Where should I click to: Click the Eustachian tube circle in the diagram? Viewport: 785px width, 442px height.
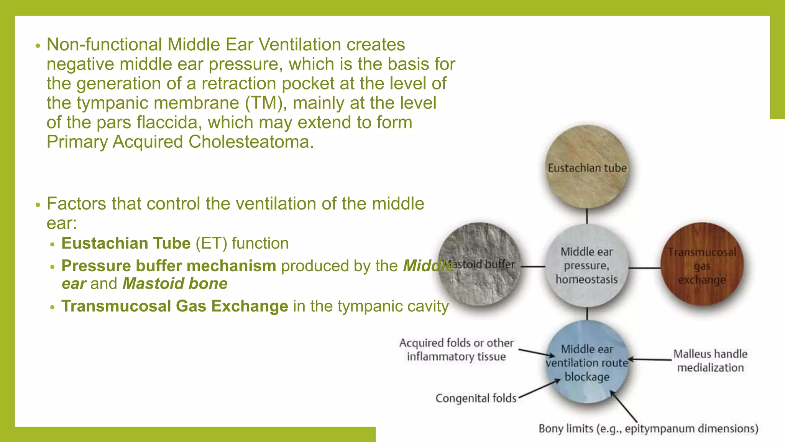click(x=587, y=167)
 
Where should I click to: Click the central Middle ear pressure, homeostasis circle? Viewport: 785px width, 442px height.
click(x=587, y=266)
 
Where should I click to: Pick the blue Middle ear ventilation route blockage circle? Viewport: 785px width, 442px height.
click(x=587, y=363)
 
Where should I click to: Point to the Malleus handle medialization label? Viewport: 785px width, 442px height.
click(x=710, y=361)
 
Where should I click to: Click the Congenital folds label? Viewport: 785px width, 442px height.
click(x=476, y=398)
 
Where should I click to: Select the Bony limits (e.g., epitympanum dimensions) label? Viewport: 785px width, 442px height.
click(x=648, y=429)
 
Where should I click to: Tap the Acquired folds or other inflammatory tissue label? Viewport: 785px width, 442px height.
click(x=456, y=350)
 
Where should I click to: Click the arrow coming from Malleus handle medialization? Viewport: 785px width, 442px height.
click(x=650, y=360)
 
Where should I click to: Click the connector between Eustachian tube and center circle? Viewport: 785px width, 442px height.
click(x=587, y=216)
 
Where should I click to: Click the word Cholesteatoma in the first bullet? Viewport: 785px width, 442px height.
click(x=251, y=142)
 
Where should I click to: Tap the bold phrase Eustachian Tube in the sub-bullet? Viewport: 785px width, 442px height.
click(x=126, y=243)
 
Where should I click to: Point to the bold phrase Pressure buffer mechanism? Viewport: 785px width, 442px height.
click(x=169, y=266)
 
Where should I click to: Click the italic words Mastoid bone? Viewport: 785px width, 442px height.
click(x=175, y=284)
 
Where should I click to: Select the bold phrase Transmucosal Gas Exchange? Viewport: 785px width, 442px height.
click(x=175, y=306)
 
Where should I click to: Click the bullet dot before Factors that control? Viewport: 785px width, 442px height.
click(x=38, y=205)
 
